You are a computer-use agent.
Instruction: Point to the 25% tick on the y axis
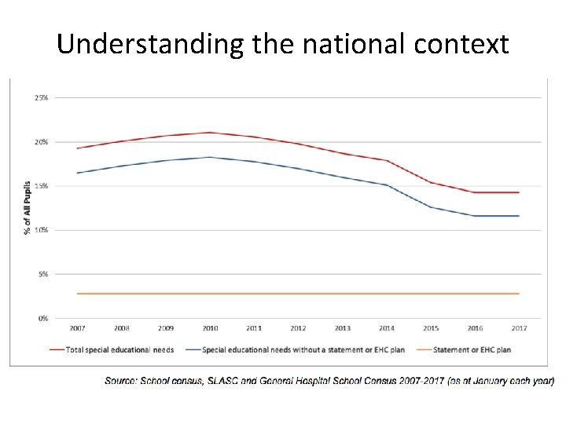coord(41,98)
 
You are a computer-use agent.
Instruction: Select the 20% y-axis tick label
coord(41,142)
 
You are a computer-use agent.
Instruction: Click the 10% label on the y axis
coord(41,230)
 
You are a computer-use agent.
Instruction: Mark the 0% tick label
coord(42,318)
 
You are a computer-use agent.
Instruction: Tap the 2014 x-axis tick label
coord(386,328)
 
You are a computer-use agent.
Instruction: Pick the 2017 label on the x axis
coord(518,328)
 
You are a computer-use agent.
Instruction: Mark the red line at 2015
coord(430,182)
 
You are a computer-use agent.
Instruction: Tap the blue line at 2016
coord(474,216)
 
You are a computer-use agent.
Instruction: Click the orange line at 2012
coord(297,294)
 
